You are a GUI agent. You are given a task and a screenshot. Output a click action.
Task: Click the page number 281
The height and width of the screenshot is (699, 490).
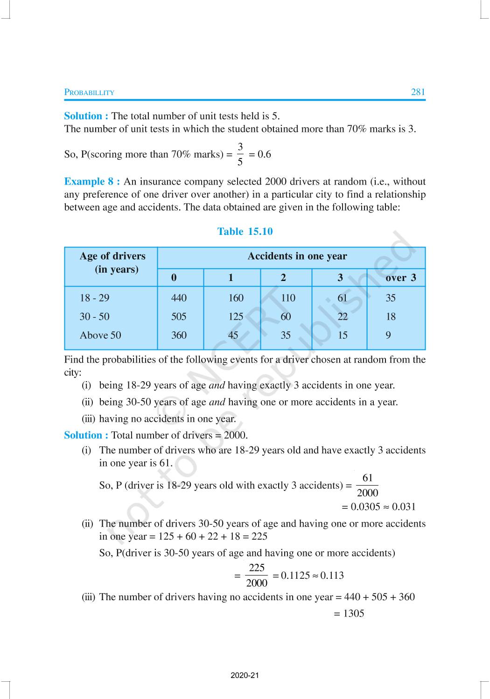418,92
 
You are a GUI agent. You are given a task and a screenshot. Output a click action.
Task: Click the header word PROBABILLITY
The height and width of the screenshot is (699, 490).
89,93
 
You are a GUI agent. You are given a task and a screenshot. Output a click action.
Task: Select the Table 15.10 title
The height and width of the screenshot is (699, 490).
245,232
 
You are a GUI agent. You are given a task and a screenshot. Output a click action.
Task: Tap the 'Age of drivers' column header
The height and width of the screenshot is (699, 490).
112,262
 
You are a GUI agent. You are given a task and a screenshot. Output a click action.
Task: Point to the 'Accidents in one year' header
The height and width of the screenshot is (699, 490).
297,256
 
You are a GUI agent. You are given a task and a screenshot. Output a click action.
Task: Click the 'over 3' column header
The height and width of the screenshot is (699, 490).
400,278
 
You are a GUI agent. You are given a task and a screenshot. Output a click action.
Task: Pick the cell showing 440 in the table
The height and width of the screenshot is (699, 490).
179,298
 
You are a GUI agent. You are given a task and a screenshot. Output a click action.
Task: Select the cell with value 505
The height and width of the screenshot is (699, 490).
179,317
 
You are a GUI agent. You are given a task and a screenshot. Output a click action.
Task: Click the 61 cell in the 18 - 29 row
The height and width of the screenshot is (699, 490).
343,298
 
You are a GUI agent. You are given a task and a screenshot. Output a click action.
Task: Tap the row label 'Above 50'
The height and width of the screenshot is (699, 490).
100,336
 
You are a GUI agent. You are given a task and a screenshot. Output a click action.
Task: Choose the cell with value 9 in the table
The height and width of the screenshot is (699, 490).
388,336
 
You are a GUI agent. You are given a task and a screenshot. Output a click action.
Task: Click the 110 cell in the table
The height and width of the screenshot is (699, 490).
288,298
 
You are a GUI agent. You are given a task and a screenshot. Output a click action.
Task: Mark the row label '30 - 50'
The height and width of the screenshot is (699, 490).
95,317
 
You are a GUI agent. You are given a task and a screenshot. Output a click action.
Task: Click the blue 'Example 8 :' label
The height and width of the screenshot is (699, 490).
92,182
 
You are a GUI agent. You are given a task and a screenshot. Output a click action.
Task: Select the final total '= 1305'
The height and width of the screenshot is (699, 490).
349,614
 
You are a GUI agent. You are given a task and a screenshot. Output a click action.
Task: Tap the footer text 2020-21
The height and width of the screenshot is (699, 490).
245,675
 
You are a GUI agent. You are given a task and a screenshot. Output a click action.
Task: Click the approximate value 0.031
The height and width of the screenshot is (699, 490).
404,507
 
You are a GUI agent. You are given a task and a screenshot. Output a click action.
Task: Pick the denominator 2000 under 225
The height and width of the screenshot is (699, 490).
257,583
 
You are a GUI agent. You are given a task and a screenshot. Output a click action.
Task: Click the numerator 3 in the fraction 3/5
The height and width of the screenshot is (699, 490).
240,147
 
